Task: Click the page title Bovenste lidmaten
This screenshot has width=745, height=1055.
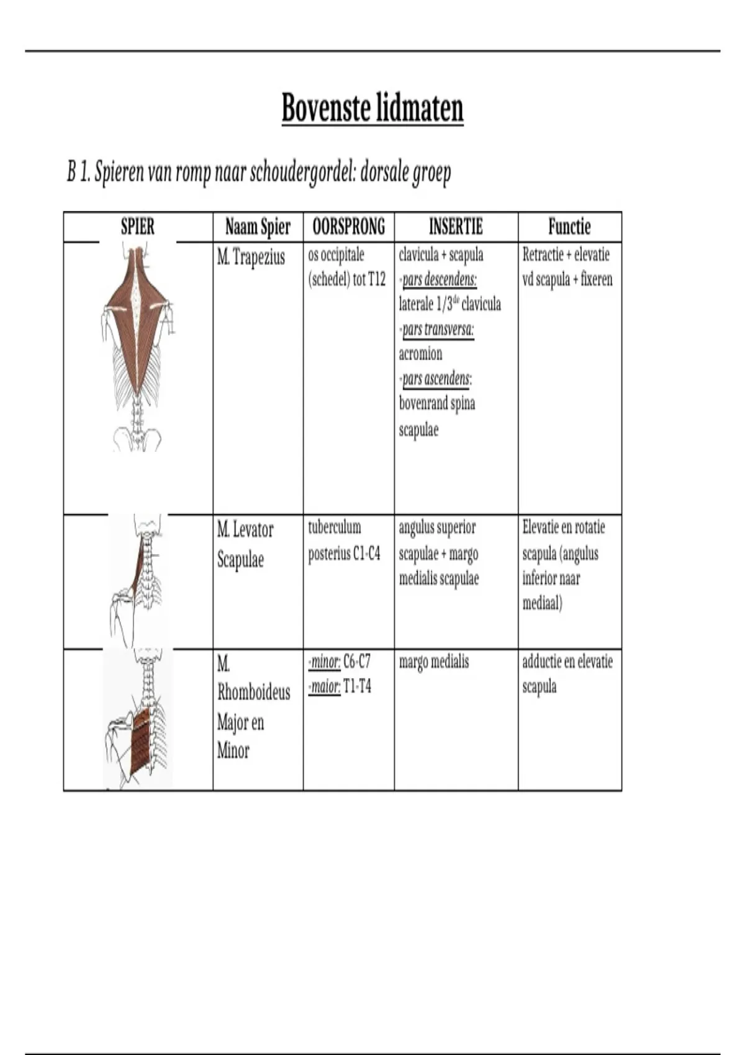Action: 372,109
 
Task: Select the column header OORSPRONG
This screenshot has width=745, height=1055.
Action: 349,227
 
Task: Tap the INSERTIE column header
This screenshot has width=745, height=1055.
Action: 456,227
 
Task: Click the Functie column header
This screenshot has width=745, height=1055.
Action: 569,227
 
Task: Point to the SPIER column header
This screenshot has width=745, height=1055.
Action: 138,227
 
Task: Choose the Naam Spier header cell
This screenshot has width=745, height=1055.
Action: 258,227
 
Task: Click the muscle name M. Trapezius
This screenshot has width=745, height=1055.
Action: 251,258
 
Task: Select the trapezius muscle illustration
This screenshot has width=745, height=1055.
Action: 137,348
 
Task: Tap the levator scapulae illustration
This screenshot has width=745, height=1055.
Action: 138,580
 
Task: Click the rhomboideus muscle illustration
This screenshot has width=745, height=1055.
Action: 138,718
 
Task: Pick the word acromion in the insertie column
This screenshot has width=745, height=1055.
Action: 420,354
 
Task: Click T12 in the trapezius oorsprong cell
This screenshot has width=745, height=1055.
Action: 377,280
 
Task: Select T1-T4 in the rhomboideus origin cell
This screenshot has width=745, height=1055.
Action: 357,687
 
